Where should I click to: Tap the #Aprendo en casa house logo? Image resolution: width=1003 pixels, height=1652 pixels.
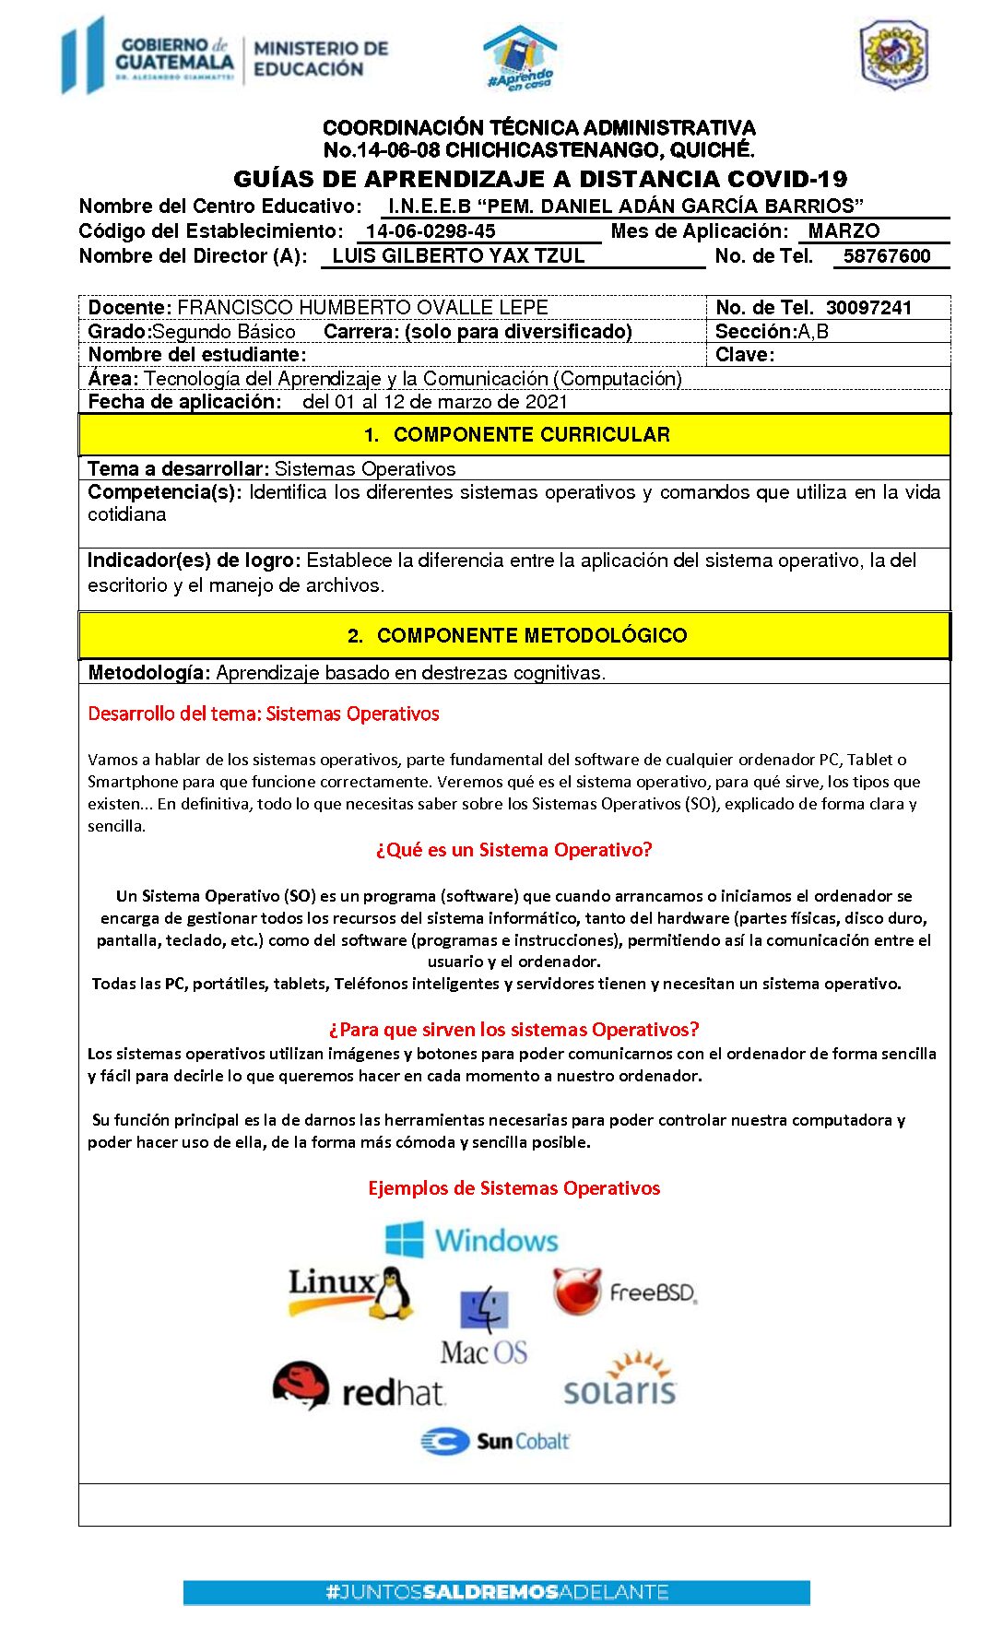click(x=520, y=57)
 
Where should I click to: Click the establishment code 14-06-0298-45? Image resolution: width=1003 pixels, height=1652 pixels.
click(x=431, y=231)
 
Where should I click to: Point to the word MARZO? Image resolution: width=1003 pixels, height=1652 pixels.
click(x=844, y=231)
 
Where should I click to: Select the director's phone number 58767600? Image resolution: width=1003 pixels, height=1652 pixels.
click(x=887, y=256)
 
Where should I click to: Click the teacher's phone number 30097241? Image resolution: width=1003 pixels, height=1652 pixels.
click(x=868, y=308)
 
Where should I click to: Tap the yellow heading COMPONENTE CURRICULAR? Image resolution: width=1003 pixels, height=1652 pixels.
click(x=514, y=435)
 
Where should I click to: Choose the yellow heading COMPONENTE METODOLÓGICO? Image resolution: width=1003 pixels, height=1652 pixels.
click(x=514, y=635)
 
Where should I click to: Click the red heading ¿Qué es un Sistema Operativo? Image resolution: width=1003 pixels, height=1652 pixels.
click(x=513, y=850)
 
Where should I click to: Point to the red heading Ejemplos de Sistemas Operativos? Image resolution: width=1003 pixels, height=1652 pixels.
click(x=513, y=1188)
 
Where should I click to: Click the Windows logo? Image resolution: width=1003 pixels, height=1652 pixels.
click(x=472, y=1240)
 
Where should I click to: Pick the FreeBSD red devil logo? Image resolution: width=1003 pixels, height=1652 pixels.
click(x=578, y=1291)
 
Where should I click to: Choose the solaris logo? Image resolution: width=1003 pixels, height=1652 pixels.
click(x=620, y=1380)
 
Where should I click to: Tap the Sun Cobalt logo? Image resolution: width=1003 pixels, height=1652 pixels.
click(x=495, y=1441)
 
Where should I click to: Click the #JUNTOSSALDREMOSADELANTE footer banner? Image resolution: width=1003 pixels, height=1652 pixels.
click(x=496, y=1592)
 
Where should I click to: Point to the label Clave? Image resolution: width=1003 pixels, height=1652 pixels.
click(x=745, y=355)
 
